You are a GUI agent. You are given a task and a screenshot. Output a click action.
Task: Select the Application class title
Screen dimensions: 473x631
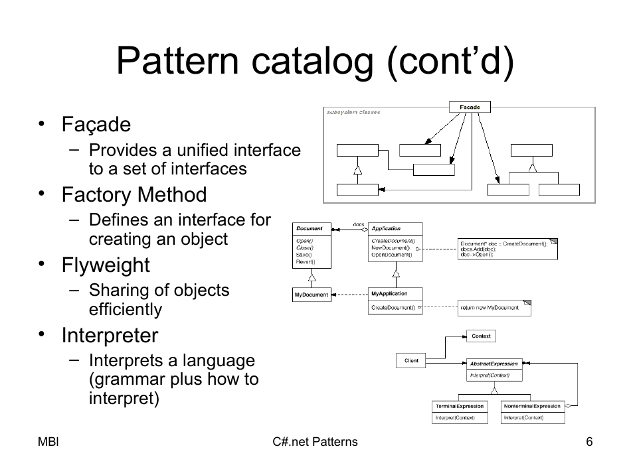(x=386, y=228)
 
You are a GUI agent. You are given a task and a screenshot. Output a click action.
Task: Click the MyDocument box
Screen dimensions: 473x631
(x=312, y=295)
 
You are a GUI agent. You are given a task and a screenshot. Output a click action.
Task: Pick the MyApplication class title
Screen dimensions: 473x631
(x=389, y=293)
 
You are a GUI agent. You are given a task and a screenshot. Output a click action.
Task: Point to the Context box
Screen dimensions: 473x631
(x=481, y=336)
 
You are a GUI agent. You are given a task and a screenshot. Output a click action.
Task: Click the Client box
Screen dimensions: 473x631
(x=411, y=361)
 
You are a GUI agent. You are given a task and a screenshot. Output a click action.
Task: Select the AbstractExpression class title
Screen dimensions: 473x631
(x=494, y=364)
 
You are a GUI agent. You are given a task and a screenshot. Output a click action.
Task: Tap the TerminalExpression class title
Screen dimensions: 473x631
(x=459, y=406)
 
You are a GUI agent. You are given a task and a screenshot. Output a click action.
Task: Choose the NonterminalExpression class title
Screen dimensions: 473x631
(x=532, y=406)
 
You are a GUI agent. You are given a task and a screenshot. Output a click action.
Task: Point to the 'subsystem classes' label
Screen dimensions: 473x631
(x=353, y=112)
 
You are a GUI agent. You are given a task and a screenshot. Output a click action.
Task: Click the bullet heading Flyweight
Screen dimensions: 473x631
(x=106, y=265)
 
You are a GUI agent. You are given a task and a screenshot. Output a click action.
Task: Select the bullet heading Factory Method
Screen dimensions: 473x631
(x=134, y=195)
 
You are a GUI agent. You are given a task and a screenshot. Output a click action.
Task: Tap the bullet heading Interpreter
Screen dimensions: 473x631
(x=110, y=336)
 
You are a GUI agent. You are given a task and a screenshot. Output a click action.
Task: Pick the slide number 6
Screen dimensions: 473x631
(x=588, y=442)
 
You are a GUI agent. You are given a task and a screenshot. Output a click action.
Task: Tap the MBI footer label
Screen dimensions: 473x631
(x=48, y=442)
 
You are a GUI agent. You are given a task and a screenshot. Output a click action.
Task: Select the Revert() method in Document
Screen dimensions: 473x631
(x=305, y=262)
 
